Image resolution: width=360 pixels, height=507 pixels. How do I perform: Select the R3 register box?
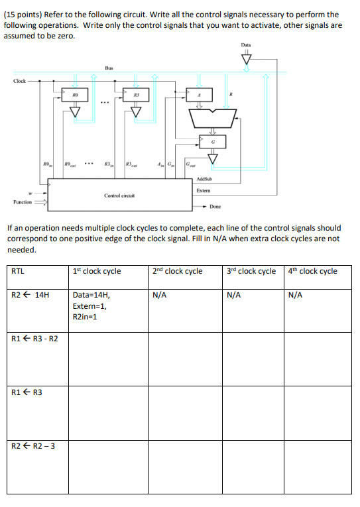[x=135, y=95]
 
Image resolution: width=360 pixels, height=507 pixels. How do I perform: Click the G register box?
[x=213, y=141]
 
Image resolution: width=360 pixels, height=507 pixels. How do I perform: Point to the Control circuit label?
[x=119, y=196]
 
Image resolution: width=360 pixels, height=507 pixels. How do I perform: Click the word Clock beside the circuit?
[x=20, y=81]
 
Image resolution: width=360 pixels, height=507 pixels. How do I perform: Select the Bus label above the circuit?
[x=109, y=67]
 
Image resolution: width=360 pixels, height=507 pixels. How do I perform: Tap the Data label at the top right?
[x=246, y=45]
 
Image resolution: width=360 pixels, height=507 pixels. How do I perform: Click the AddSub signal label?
[x=204, y=179]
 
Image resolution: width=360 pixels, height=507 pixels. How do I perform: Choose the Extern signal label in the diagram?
[x=204, y=191]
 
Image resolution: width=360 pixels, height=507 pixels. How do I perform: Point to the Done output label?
[x=215, y=207]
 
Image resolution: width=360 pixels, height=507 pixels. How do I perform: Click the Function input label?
[x=23, y=201]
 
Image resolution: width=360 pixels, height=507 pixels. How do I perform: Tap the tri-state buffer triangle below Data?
[x=246, y=60]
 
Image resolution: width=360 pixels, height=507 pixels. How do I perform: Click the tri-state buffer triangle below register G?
[x=213, y=158]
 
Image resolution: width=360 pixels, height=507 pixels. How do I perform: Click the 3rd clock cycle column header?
[x=251, y=271]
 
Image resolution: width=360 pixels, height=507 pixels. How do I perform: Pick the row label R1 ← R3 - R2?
[x=35, y=339]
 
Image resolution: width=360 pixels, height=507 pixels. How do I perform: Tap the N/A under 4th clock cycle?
[x=296, y=296]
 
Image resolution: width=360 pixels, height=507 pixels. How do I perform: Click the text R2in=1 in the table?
[x=85, y=317]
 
